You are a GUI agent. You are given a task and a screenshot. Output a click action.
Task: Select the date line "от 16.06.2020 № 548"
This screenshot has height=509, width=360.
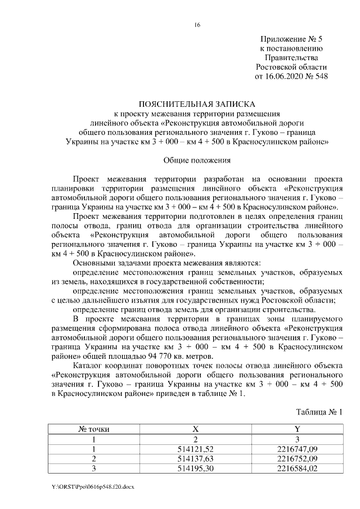tap(291, 76)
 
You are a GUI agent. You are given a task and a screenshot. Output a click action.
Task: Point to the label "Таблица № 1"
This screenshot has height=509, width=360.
tap(318, 412)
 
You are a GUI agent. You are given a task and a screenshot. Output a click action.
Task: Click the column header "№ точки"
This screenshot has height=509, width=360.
tap(93, 429)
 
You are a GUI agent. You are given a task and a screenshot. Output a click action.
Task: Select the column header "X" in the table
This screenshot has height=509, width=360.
tap(196, 429)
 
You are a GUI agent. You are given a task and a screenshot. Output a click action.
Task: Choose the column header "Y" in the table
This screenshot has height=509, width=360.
tap(298, 429)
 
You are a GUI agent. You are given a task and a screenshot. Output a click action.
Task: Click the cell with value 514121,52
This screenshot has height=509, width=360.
tap(196, 448)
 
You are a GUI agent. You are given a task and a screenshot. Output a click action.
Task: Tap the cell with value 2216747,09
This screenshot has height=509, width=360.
tap(298, 448)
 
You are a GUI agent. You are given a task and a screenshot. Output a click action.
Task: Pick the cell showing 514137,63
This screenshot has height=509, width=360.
tap(196, 458)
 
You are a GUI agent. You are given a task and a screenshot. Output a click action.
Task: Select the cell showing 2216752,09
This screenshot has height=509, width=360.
tap(298, 458)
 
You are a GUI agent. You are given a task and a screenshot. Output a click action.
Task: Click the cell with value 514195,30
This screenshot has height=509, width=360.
tap(196, 467)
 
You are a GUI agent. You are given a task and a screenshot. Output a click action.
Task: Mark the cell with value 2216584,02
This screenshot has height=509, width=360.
tap(298, 467)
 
